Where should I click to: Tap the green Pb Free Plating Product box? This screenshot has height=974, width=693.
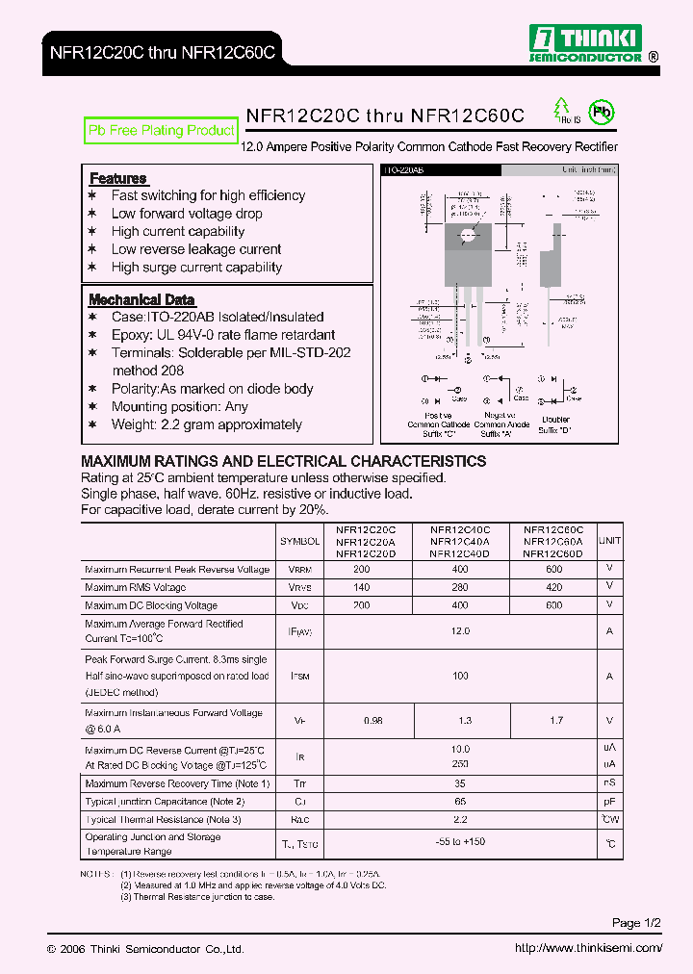[x=161, y=131]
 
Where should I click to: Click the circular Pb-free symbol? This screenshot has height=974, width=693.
[x=602, y=112]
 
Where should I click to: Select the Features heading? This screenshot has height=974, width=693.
[x=117, y=178]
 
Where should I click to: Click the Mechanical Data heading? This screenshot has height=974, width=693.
[x=141, y=299]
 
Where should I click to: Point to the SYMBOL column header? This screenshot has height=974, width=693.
[x=299, y=541]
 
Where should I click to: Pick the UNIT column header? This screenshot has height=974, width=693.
[x=609, y=541]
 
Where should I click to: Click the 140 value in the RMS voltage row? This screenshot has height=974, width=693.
[x=362, y=587]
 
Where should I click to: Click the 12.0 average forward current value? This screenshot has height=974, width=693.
[x=459, y=631]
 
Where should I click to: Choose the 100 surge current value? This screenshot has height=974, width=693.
[x=459, y=677]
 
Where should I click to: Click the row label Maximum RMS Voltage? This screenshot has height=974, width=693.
[x=136, y=587]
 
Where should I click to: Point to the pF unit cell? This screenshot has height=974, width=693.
[x=609, y=801]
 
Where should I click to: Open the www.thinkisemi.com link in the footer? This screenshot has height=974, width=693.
[x=589, y=948]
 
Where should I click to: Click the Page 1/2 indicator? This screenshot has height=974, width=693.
[x=636, y=923]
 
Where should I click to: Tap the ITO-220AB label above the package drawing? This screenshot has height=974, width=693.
[x=404, y=170]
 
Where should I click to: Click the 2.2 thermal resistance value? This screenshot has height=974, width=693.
[x=459, y=819]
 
